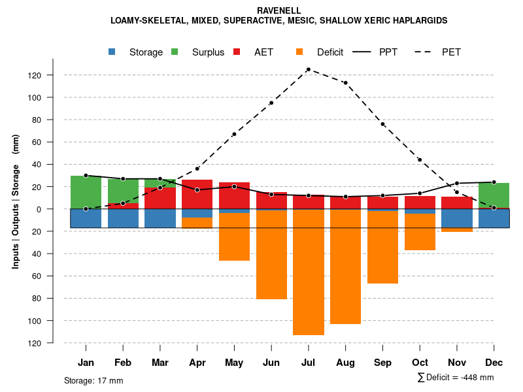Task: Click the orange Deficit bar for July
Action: (x=309, y=272)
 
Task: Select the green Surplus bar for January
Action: (x=86, y=192)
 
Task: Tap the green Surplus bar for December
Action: (x=494, y=195)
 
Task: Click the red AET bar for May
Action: (x=234, y=195)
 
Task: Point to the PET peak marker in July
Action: (x=309, y=69)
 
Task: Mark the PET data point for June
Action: (x=271, y=103)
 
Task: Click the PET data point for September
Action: (x=382, y=124)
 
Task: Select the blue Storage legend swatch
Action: (x=112, y=52)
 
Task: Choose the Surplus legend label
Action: (x=208, y=52)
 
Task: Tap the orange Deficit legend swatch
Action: (x=299, y=52)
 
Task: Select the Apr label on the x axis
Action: (x=197, y=363)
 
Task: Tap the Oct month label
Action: (x=420, y=363)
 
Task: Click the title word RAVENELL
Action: (x=279, y=10)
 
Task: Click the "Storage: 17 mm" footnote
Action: (x=93, y=380)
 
